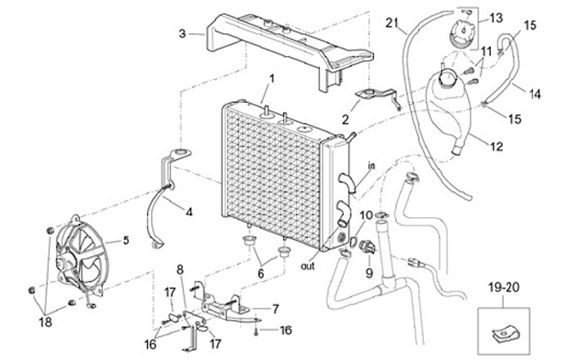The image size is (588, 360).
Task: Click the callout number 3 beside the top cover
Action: [x=184, y=33]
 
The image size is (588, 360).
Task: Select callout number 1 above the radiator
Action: [x=272, y=78]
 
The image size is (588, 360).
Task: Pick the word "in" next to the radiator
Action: [x=370, y=166]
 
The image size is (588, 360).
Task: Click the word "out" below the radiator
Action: [x=308, y=265]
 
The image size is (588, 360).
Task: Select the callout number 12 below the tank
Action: [x=496, y=147]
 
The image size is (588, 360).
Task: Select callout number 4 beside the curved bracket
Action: [x=189, y=212]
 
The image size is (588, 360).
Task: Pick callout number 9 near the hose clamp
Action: [x=368, y=273]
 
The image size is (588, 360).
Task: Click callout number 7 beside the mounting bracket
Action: [x=275, y=309]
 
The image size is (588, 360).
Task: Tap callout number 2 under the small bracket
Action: [x=345, y=118]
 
